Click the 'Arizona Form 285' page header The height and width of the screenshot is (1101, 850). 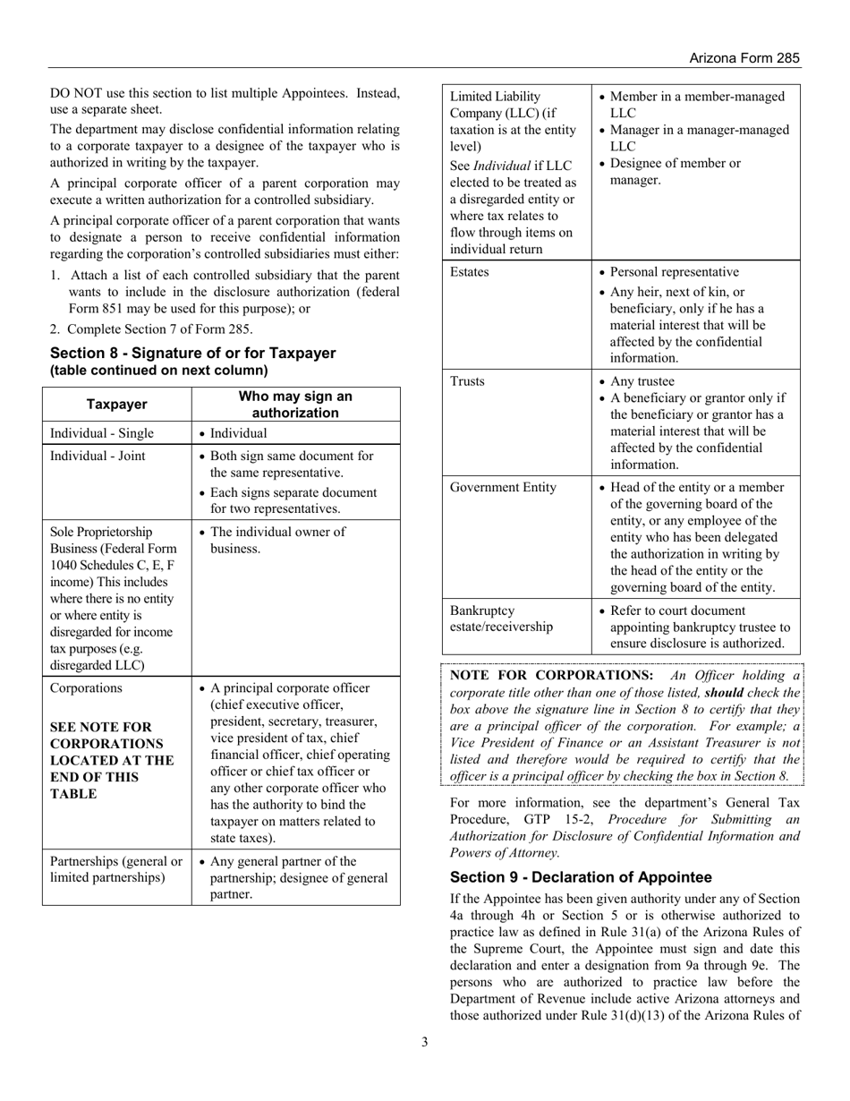point(744,57)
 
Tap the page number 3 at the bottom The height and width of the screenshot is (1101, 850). point(425,1041)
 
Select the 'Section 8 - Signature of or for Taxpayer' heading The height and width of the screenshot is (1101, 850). point(192,354)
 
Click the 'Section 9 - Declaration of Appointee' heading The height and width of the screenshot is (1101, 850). point(594,876)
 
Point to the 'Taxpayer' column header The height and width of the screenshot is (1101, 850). point(116,405)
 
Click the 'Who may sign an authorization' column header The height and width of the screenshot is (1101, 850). point(295,405)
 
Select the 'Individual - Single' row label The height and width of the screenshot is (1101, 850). point(102,433)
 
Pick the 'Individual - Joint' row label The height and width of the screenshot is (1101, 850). point(98,456)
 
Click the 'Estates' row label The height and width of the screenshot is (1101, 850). point(470,272)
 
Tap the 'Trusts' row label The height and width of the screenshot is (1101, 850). point(467,381)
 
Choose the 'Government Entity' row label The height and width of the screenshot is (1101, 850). point(503,488)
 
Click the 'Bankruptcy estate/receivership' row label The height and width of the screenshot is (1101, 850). point(501,619)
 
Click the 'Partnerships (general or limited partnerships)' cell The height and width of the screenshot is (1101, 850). point(116,869)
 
